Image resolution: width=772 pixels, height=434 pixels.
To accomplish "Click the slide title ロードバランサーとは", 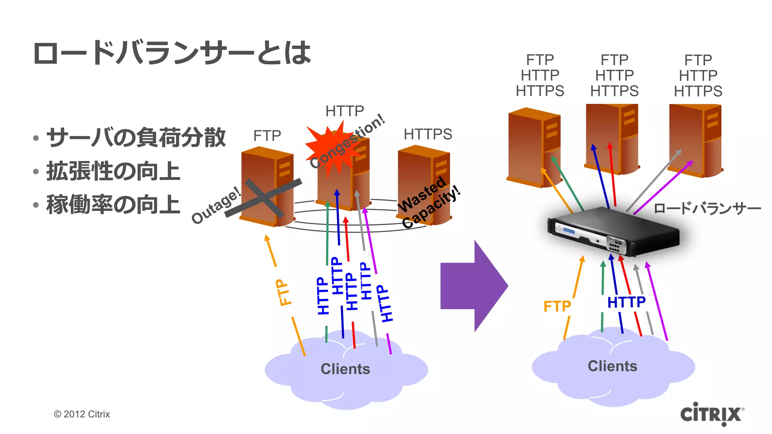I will coord(172,53).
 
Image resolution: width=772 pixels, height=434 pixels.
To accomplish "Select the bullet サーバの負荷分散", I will coord(136,138).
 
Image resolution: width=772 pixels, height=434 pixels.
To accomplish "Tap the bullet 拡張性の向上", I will coord(113,171).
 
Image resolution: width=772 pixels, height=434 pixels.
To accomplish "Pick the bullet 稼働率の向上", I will coord(113,205).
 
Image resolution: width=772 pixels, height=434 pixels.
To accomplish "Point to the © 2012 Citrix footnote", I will coord(82,414).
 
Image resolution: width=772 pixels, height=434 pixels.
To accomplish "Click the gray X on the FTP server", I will coord(264,198).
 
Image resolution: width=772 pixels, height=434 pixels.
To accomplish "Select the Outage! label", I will coord(216,205).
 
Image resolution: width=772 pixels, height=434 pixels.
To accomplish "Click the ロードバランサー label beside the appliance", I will coord(707,208).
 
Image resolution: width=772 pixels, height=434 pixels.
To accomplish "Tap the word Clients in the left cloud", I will coord(345,369).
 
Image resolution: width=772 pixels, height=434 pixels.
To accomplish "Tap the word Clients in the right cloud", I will coord(612,366).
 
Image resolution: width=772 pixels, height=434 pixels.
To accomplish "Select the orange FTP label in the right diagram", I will coord(557,306).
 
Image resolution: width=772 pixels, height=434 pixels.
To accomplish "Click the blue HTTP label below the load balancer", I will coord(626,302).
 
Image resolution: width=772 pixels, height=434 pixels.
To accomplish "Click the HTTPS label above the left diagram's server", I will coord(427,134).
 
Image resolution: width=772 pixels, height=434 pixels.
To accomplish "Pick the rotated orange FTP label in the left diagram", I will coord(283,292).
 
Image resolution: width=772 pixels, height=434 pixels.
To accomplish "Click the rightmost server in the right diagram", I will coord(695,141).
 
